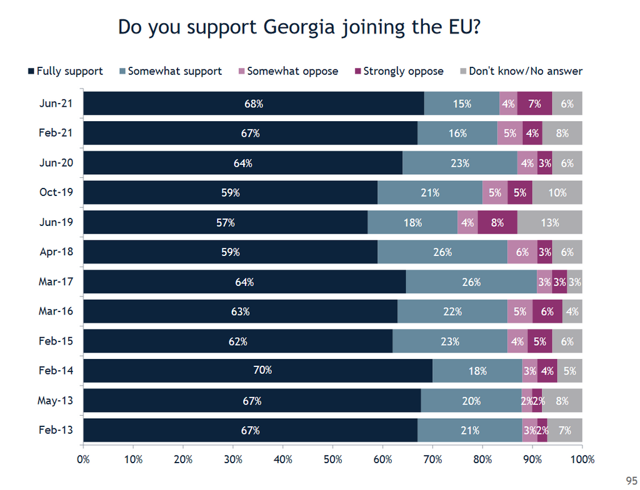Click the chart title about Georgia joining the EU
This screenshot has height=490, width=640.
click(x=299, y=27)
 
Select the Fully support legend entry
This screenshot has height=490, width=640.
click(x=65, y=71)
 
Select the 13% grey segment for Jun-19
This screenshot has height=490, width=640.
click(x=549, y=222)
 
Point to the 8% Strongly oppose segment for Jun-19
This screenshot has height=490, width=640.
click(x=497, y=222)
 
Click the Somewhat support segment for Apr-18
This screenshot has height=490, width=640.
click(x=442, y=252)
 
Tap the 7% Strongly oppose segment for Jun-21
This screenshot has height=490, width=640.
click(x=534, y=104)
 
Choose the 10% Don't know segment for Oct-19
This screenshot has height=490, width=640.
click(x=557, y=193)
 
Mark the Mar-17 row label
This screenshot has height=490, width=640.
click(x=56, y=282)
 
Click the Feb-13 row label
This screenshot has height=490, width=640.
click(x=56, y=430)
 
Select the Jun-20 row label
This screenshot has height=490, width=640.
click(x=56, y=163)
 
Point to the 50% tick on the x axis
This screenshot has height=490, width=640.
click(x=333, y=460)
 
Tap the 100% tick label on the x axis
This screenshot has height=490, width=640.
click(x=581, y=460)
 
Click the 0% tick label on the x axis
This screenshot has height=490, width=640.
click(x=83, y=460)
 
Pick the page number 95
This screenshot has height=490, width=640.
click(x=631, y=480)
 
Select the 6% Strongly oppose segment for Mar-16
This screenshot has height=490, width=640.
click(x=547, y=311)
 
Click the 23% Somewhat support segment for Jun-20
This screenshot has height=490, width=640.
click(x=460, y=163)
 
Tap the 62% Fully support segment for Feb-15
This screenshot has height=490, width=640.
click(x=238, y=341)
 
